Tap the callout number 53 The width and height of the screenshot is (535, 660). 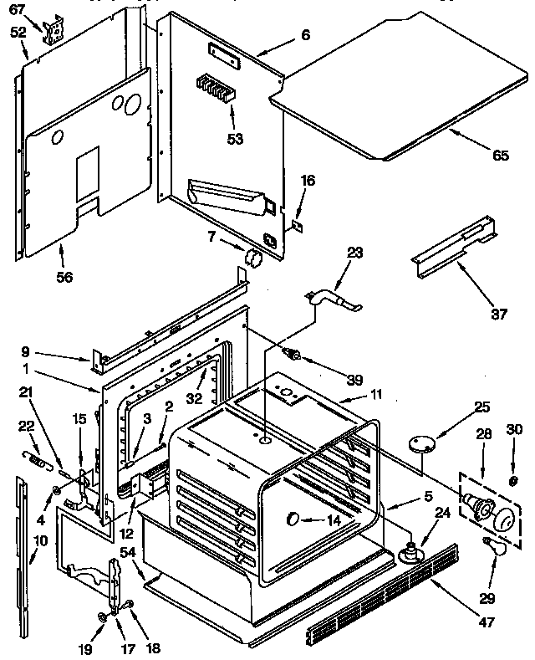[235, 138]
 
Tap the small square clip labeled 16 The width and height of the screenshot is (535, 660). [298, 224]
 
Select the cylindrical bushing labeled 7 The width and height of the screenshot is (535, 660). [253, 256]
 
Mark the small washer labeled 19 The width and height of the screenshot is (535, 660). [101, 617]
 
